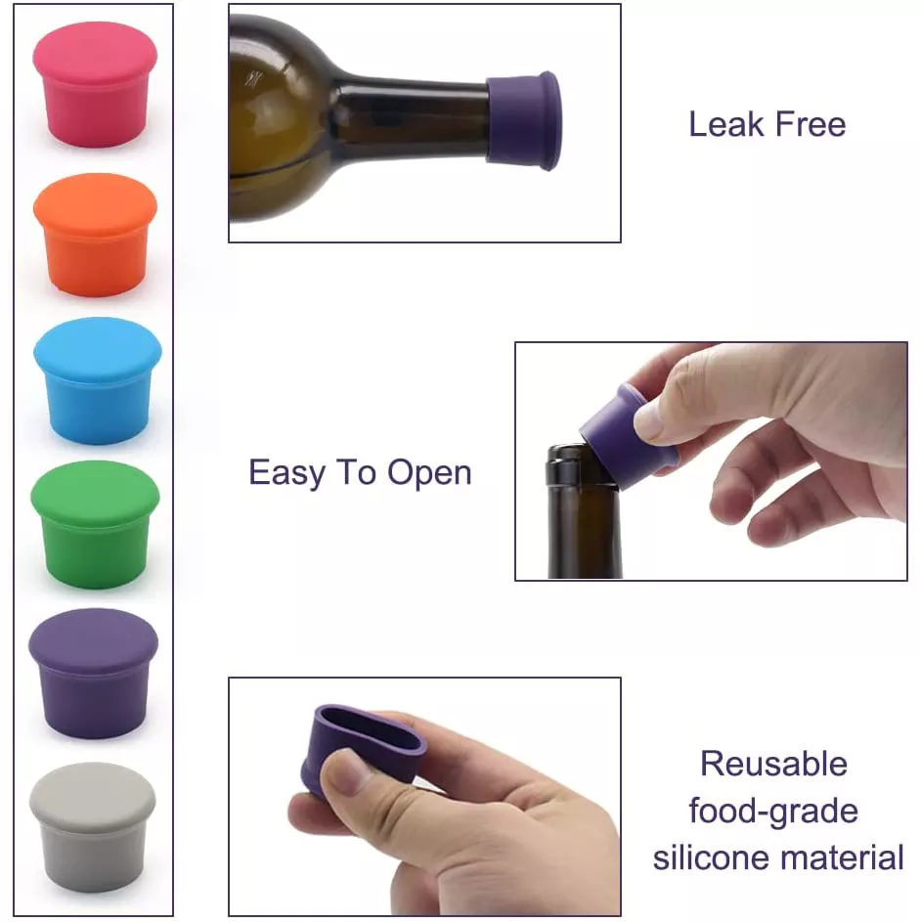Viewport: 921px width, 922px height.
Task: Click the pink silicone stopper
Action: click(95, 84)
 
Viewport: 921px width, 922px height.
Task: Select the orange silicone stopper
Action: click(95, 234)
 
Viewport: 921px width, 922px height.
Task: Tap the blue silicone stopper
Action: click(98, 380)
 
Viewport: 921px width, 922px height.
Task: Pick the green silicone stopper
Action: click(95, 524)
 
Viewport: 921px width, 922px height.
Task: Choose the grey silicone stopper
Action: click(93, 827)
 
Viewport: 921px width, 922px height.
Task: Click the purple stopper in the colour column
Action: click(94, 674)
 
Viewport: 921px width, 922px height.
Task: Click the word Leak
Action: click(726, 124)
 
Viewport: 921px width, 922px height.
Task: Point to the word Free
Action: click(811, 124)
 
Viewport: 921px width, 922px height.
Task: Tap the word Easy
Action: click(286, 473)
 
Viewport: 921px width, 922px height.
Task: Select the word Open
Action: click(429, 473)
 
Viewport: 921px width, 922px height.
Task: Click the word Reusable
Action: click(773, 764)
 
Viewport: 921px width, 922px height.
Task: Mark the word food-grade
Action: click(773, 812)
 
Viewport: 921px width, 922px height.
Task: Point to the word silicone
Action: click(720, 857)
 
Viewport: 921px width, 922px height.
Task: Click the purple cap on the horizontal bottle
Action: click(523, 120)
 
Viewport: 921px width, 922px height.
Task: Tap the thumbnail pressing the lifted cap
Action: click(648, 421)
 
